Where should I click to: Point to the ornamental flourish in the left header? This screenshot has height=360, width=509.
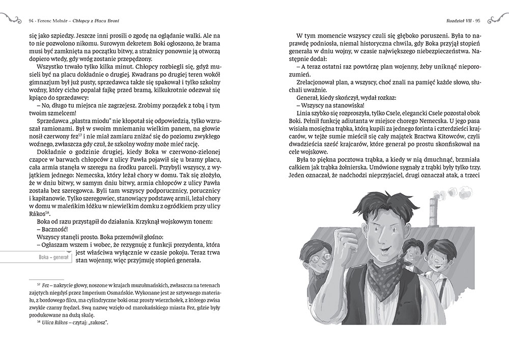11,19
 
